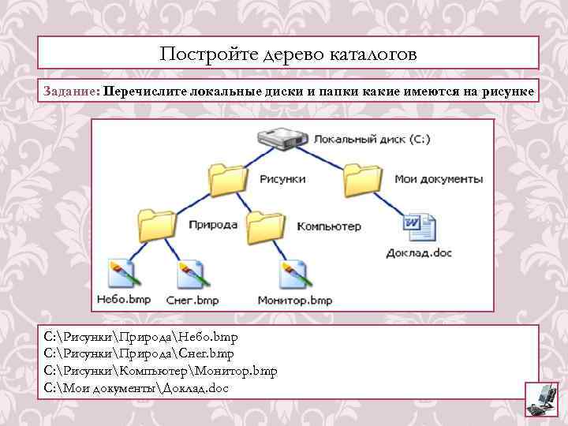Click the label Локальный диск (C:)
tap(372, 140)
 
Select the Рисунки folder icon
tap(228, 180)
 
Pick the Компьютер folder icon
tap(265, 226)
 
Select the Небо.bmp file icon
tap(123, 274)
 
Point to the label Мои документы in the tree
tap(438, 179)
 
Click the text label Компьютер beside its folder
tap(328, 226)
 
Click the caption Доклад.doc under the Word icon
tap(419, 253)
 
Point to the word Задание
tap(71, 92)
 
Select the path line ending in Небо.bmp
tap(141, 338)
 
